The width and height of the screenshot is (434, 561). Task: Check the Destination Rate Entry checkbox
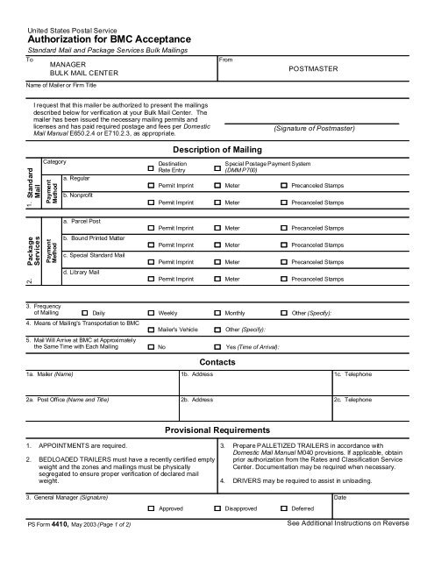point(150,167)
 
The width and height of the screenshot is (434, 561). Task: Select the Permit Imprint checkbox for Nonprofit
point(150,202)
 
